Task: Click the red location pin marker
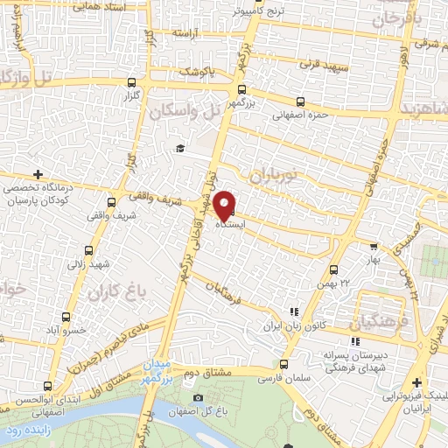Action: tap(225, 205)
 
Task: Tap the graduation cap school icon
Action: tap(179, 148)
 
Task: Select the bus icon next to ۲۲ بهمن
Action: tap(333, 270)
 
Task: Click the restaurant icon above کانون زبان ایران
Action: tap(293, 311)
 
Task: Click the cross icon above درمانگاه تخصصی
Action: tap(37, 174)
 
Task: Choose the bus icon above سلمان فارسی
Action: tap(283, 364)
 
